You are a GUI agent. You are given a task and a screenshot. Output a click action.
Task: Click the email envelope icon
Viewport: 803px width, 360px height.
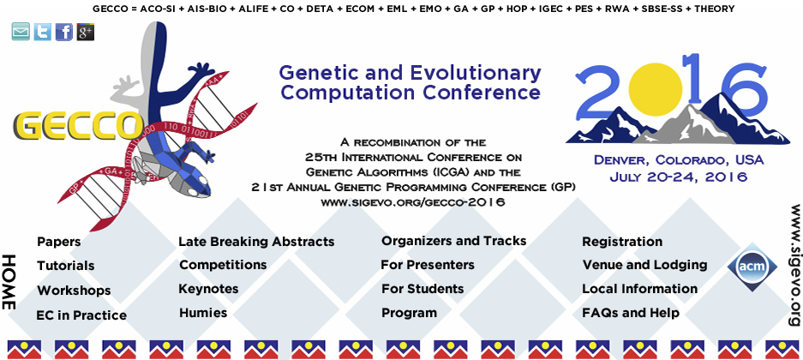tap(21, 33)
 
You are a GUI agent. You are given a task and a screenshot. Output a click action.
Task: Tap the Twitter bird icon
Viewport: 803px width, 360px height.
tap(43, 33)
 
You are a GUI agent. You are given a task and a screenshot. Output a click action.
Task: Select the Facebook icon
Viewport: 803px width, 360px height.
tap(64, 33)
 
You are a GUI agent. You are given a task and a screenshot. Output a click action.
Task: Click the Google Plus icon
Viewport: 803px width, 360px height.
tap(86, 33)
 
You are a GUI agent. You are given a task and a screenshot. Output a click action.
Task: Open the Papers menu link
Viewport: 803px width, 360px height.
tap(59, 241)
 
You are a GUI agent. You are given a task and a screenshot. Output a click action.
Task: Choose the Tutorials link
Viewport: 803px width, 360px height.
tap(65, 266)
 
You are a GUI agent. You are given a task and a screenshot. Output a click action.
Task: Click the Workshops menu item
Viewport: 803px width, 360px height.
tap(74, 291)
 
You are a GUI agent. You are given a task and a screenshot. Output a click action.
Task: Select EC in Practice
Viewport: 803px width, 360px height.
tap(81, 315)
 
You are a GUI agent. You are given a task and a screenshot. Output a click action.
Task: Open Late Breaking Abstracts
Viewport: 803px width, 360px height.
tap(256, 241)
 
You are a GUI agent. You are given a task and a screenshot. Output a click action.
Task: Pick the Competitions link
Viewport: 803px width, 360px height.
tap(223, 265)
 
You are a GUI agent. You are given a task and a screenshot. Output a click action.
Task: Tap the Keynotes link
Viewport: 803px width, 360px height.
tap(208, 289)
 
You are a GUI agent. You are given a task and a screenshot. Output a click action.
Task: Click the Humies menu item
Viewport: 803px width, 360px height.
tap(203, 312)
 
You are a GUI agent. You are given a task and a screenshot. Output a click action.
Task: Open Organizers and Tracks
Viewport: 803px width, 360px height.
tap(453, 241)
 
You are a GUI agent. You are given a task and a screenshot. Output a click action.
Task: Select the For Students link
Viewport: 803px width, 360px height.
tap(422, 289)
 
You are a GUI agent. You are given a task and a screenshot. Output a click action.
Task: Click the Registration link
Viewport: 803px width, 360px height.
tap(622, 242)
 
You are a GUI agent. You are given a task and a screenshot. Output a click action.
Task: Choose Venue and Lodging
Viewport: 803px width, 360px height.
tap(644, 265)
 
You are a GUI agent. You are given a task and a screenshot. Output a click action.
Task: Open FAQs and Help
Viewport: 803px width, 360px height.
tap(631, 312)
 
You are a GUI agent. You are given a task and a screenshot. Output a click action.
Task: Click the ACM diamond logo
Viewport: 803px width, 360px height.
tap(749, 267)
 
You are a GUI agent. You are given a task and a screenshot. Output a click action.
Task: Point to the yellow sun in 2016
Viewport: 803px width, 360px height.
tap(655, 88)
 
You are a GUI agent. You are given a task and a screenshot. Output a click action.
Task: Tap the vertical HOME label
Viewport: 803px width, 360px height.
tap(9, 282)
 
